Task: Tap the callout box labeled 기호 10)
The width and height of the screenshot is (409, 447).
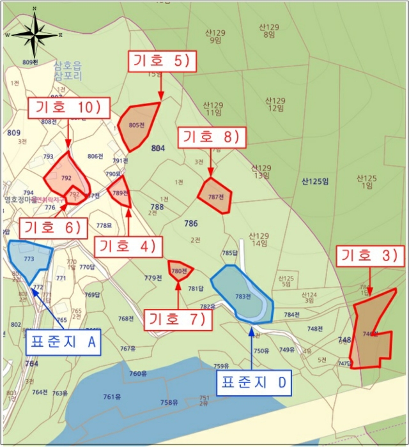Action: pyautogui.click(x=69, y=109)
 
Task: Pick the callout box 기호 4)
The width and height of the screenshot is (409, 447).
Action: pyautogui.click(x=128, y=246)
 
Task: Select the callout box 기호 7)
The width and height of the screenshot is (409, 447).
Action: pyautogui.click(x=178, y=319)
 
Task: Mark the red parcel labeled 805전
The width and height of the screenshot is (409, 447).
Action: pyautogui.click(x=136, y=125)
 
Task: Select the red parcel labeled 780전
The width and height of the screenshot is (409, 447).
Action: pyautogui.click(x=180, y=270)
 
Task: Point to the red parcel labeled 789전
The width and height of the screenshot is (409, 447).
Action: pyautogui.click(x=121, y=192)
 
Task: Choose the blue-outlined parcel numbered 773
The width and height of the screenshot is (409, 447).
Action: pyautogui.click(x=29, y=259)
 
